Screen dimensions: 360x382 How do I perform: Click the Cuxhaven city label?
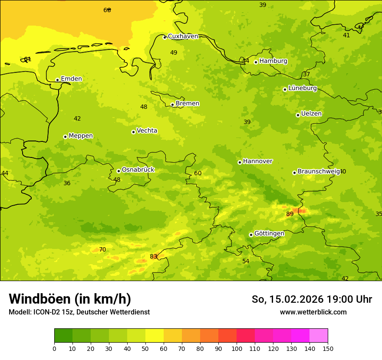tap(183, 36)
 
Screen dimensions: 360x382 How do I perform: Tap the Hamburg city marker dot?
tap(256, 62)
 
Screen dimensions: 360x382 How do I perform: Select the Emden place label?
tap(71, 79)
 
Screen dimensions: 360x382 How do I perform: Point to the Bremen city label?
tap(188, 104)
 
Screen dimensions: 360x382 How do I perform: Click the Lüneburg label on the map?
tap(303, 88)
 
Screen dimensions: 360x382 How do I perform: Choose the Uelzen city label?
tap(311, 114)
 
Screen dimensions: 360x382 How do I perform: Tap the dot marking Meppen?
tap(66, 137)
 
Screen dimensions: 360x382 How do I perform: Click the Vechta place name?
tap(147, 131)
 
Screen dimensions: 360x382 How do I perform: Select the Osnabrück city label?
tap(138, 170)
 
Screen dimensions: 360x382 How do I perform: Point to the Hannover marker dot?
tap(240, 162)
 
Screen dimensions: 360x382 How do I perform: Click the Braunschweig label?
tap(318, 172)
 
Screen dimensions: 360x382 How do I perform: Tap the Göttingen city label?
tap(269, 234)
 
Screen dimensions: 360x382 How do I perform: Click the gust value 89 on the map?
tap(290, 214)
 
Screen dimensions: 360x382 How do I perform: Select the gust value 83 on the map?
tap(153, 257)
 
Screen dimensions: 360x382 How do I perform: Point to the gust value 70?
tap(102, 250)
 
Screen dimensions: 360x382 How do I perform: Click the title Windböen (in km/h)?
tap(70, 299)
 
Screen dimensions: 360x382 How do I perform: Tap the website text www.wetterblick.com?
tap(313, 312)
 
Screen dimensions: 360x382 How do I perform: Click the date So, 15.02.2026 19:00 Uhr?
tap(312, 299)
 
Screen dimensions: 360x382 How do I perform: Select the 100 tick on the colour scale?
tap(237, 348)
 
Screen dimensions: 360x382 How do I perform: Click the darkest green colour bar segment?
tap(63, 336)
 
